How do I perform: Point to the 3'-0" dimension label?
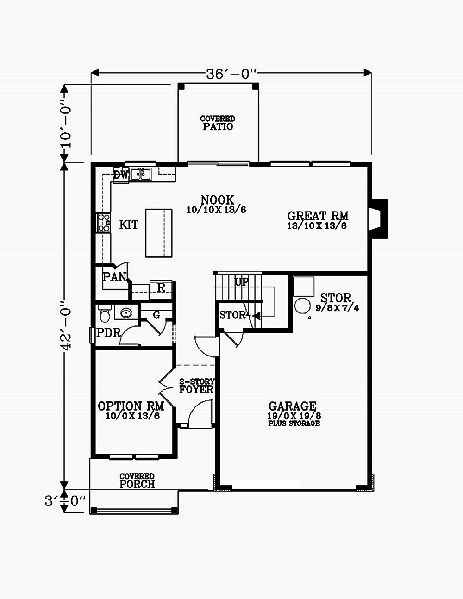(x=65, y=501)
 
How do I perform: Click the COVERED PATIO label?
(x=218, y=123)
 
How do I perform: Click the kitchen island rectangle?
(x=159, y=233)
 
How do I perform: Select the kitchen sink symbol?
(x=141, y=175)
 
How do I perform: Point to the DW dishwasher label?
(x=120, y=175)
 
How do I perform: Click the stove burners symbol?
(x=103, y=223)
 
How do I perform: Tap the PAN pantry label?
(x=114, y=277)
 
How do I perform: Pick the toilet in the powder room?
(x=105, y=314)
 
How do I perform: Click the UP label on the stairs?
(x=242, y=281)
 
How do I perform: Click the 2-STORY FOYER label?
(x=196, y=386)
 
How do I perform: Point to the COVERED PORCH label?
(x=137, y=481)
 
